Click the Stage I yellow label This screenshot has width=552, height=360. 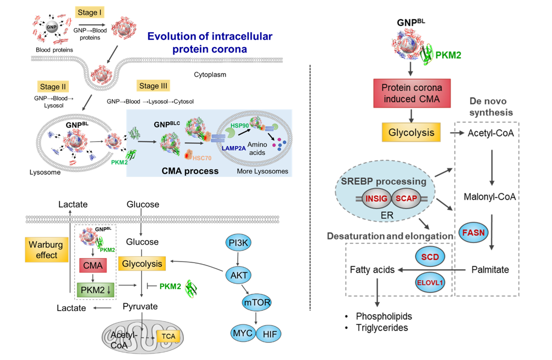click(90, 13)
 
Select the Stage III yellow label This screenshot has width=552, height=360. click(154, 85)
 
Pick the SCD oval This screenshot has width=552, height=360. click(429, 257)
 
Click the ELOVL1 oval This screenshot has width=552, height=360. click(429, 282)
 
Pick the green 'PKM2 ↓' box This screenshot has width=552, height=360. click(91, 289)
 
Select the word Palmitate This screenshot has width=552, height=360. click(490, 270)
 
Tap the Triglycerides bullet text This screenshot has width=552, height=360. click(381, 328)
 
